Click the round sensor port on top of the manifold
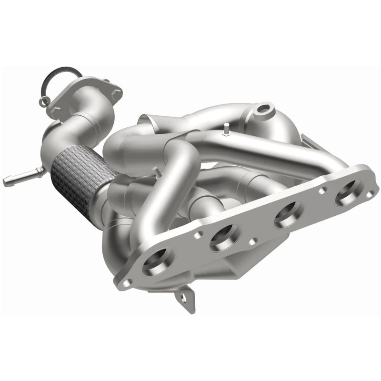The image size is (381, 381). (262, 109)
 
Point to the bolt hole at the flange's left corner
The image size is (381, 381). (126, 282)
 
